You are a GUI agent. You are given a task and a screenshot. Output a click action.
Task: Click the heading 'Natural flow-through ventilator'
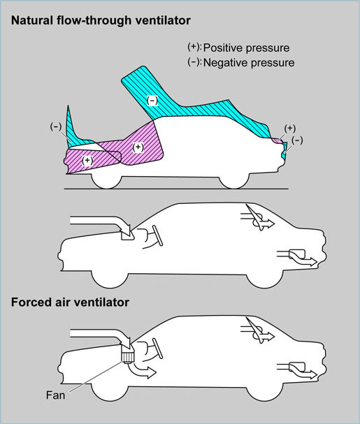(101, 21)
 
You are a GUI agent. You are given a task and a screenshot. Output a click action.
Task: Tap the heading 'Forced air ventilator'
(70, 302)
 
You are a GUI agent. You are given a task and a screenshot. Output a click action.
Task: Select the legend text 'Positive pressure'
(246, 48)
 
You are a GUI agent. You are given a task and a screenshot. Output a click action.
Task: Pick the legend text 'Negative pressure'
(249, 63)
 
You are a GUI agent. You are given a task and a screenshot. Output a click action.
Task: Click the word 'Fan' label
(55, 395)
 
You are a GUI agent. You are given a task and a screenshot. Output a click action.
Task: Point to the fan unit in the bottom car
(127, 354)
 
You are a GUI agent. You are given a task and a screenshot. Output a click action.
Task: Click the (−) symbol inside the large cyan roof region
(152, 101)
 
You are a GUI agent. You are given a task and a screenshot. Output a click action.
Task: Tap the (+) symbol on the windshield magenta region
(138, 147)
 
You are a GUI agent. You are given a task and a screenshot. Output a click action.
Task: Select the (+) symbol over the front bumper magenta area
(87, 161)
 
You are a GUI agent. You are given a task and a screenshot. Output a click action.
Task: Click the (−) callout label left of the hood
(56, 126)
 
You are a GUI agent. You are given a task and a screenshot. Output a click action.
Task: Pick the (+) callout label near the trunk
(290, 128)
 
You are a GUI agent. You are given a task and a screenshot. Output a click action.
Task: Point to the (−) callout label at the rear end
(297, 140)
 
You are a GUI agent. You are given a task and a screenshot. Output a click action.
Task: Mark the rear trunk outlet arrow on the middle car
(297, 256)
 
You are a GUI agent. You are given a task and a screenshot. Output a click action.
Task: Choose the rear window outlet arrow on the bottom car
(258, 330)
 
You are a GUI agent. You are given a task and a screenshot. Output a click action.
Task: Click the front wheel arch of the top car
(106, 182)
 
